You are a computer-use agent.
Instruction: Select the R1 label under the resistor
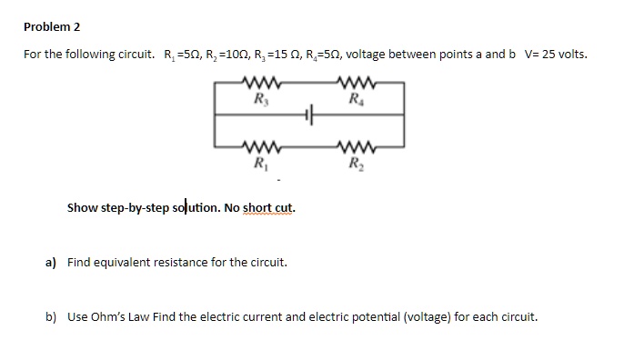pos(262,165)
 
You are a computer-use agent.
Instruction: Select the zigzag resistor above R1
pos(262,148)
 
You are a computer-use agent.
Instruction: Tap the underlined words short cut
pos(267,207)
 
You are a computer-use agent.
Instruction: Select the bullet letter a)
pos(52,263)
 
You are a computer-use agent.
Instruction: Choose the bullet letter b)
pos(52,318)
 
